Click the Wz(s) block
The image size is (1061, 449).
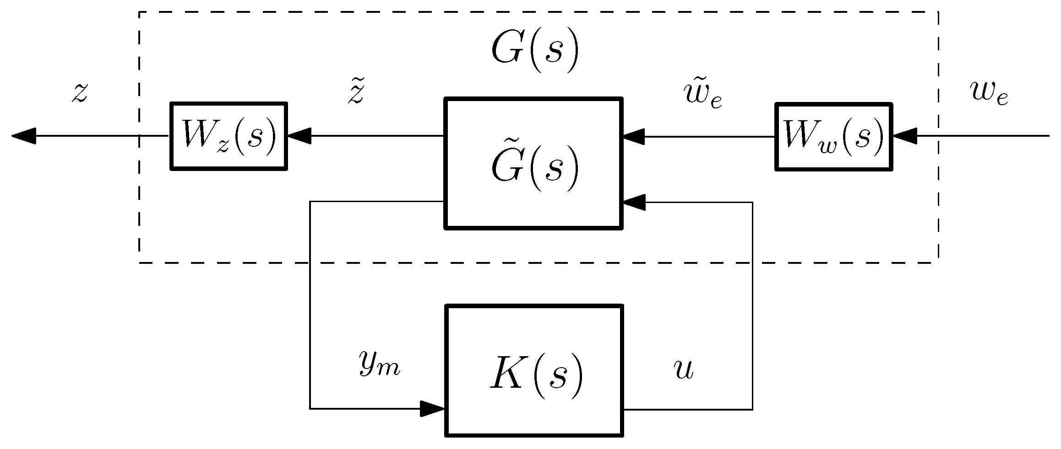tap(229, 136)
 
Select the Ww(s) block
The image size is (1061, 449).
tap(833, 136)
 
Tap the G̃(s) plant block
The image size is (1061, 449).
tap(533, 163)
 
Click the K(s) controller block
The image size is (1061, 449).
tap(534, 370)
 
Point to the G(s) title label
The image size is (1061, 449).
tap(535, 51)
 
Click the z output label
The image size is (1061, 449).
tap(80, 93)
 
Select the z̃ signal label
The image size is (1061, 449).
tap(356, 93)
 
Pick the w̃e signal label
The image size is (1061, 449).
tap(702, 95)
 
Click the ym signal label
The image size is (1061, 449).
tap(379, 364)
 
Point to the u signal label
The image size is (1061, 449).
tap(684, 369)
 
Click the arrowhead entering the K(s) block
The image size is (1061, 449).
tap(432, 409)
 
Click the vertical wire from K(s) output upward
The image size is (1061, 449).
tap(752, 306)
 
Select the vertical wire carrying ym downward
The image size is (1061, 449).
tap(310, 306)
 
